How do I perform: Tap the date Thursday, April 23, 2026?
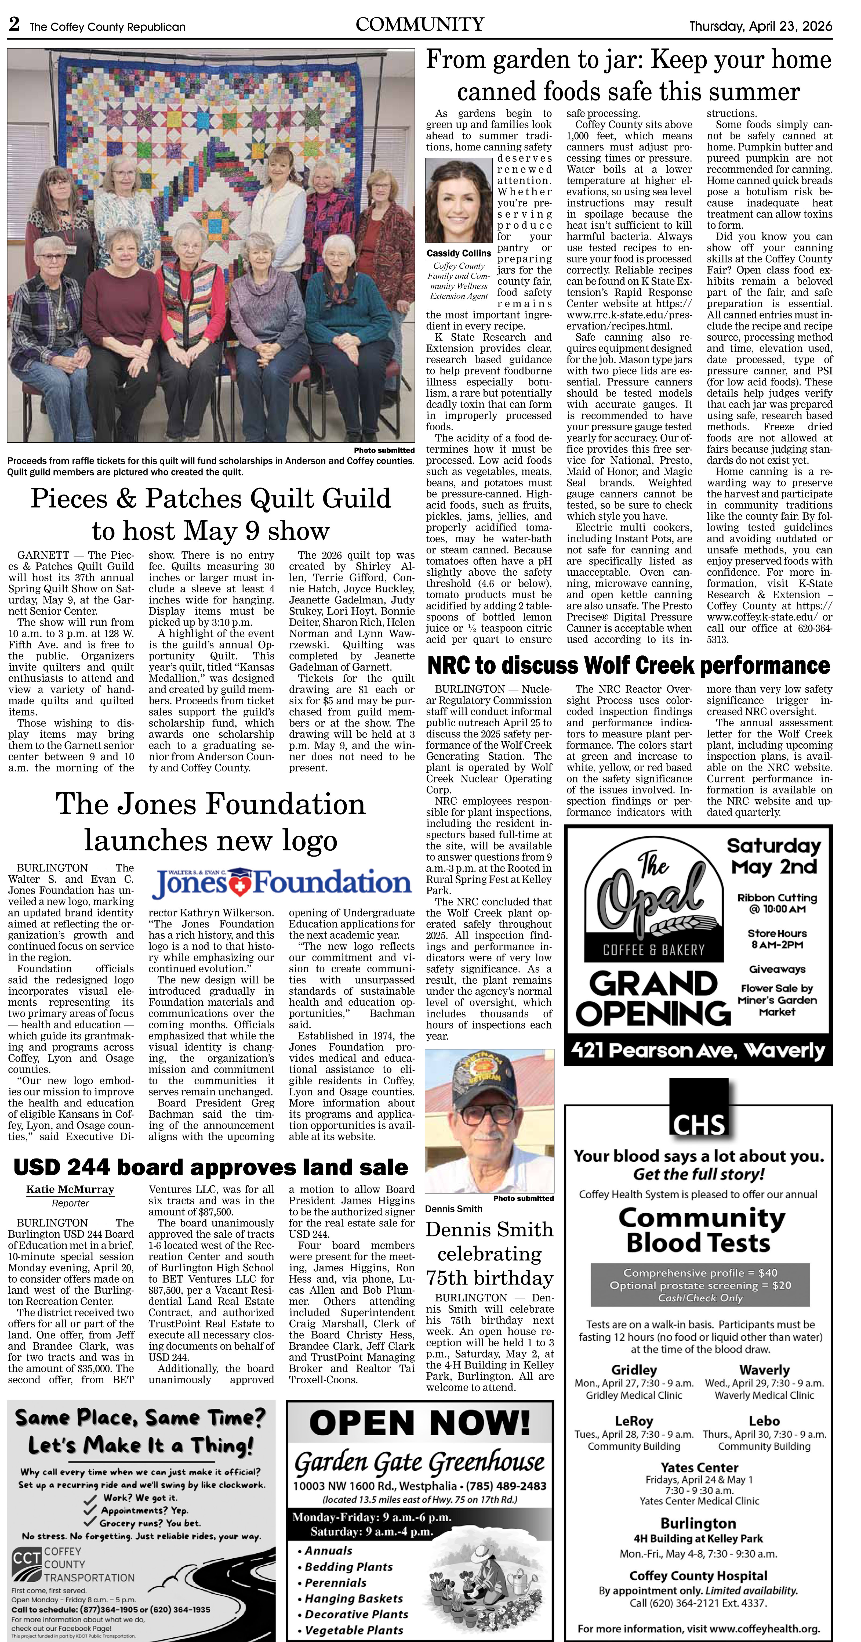pyautogui.click(x=760, y=26)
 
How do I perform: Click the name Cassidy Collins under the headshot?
pyautogui.click(x=459, y=253)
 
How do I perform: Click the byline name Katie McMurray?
pyautogui.click(x=70, y=1189)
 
